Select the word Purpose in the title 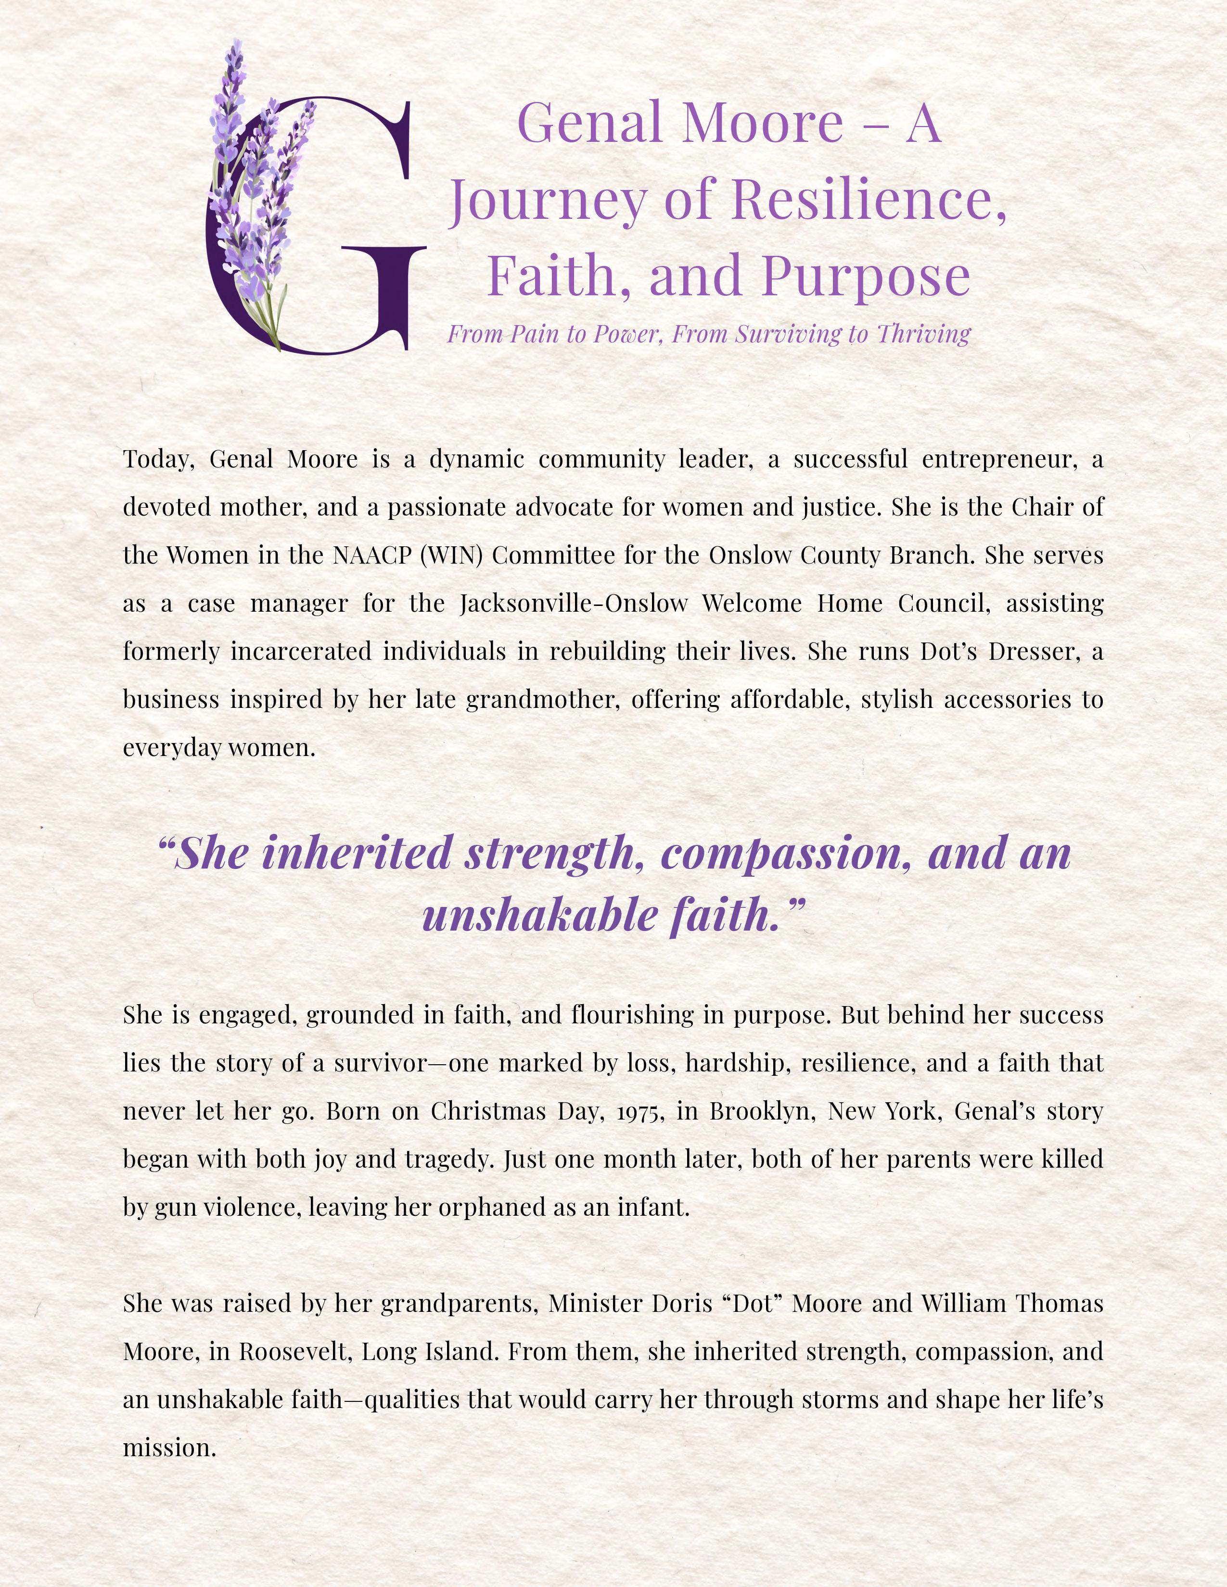(x=866, y=276)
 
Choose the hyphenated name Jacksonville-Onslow (x=574, y=603)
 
